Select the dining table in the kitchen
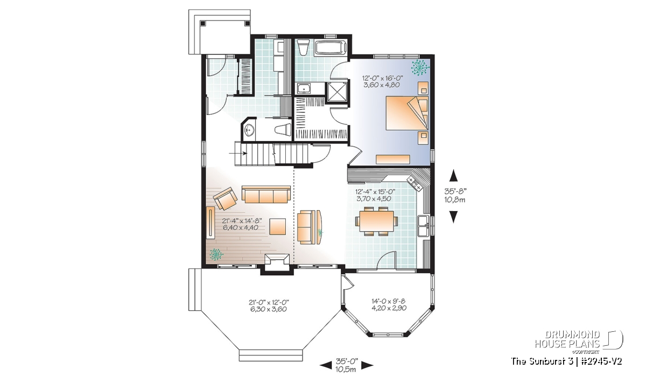click(376, 221)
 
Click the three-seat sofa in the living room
click(266, 194)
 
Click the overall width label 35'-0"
click(347, 361)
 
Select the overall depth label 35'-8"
click(455, 191)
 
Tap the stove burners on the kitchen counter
click(414, 184)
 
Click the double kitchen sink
click(423, 226)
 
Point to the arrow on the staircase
click(238, 154)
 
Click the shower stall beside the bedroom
click(337, 92)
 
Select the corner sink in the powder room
click(249, 131)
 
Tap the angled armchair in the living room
click(225, 198)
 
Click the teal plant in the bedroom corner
click(419, 67)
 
